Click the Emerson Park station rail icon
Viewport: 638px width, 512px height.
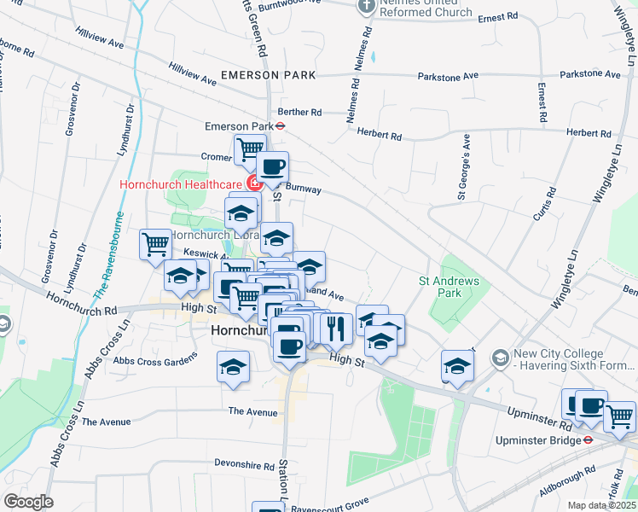pos(281,125)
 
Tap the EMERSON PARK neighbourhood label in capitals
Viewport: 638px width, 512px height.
pos(268,75)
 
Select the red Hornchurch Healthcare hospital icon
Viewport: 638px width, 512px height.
pos(252,183)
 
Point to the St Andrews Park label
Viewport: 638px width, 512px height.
pos(449,287)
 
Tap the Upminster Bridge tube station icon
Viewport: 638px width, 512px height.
pos(589,440)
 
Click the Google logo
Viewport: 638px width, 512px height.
pos(28,502)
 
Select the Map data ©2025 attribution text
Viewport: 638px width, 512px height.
pos(600,505)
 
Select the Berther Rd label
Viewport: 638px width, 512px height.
pos(299,112)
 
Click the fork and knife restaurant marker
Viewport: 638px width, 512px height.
pos(337,326)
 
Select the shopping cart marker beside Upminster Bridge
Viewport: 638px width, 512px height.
pos(620,416)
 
